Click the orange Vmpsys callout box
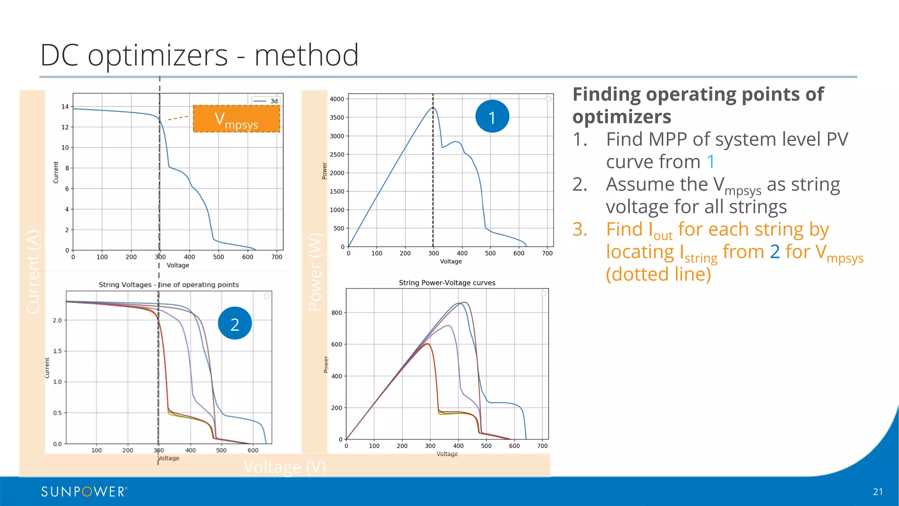[x=237, y=119]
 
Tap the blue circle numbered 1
[x=492, y=117]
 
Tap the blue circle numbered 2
[x=235, y=324]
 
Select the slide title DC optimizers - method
[x=199, y=55]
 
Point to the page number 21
[x=877, y=492]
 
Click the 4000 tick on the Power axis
[x=337, y=99]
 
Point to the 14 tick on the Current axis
[x=65, y=107]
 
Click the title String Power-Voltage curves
[x=447, y=283]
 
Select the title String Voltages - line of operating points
[x=169, y=285]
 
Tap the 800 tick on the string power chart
[x=337, y=313]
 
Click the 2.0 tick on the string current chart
[x=58, y=320]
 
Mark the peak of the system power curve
[x=433, y=107]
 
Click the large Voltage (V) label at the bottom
[x=284, y=467]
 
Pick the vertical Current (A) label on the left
[x=33, y=272]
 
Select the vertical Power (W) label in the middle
[x=315, y=272]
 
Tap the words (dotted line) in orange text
[x=658, y=275]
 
